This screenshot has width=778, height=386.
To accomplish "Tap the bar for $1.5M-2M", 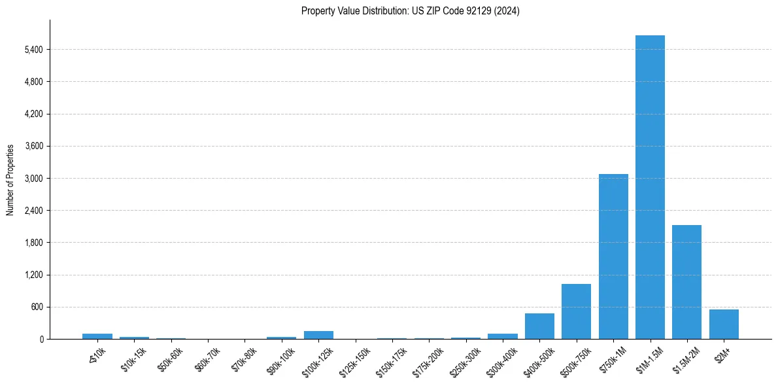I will click(x=686, y=282).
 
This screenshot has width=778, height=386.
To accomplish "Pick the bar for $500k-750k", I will click(x=576, y=311).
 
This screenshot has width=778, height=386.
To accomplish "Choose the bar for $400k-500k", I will click(x=539, y=326).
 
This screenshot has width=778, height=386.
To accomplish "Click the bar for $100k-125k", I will click(x=318, y=335).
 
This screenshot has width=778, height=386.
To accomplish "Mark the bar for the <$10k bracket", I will click(x=97, y=336).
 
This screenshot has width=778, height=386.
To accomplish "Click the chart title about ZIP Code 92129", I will click(x=411, y=11).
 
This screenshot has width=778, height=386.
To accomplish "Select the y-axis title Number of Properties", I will click(x=10, y=179).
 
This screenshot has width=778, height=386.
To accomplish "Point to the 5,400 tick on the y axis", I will click(x=32, y=50).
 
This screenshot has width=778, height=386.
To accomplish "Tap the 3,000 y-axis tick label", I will click(x=32, y=179).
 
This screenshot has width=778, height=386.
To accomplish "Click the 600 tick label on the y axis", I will click(x=36, y=307).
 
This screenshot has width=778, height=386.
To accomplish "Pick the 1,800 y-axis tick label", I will click(x=32, y=243).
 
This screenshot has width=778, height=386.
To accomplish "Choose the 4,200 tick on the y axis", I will click(x=32, y=114).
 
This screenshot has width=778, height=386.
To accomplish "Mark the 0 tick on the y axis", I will click(x=41, y=339).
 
